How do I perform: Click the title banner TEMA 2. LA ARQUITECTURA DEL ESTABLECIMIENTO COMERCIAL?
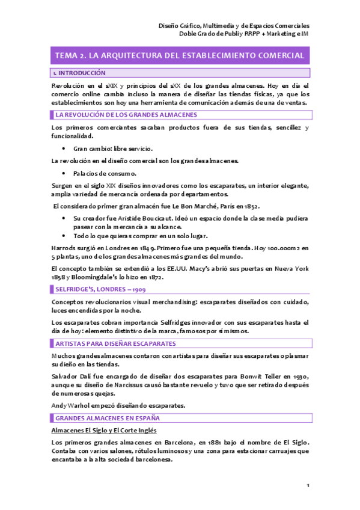pyautogui.click(x=180, y=55)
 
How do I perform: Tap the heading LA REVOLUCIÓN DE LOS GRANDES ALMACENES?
pyautogui.click(x=125, y=114)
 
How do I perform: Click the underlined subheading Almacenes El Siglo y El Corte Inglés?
pyautogui.click(x=104, y=431)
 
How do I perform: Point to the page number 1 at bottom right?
pyautogui.click(x=307, y=485)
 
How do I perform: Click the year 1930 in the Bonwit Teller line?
pyautogui.click(x=298, y=374)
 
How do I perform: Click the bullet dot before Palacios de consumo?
pyautogui.click(x=64, y=174)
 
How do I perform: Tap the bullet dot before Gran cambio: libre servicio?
pyautogui.click(x=64, y=148)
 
